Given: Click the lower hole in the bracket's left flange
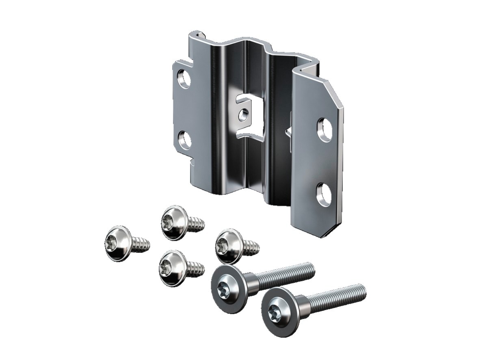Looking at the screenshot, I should pos(185,140).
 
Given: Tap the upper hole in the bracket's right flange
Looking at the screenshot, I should pos(324,129).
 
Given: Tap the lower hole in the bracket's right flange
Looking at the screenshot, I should pos(324,194).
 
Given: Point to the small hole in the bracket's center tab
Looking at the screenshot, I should pos(243,115).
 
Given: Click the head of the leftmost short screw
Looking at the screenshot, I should pos(117,243).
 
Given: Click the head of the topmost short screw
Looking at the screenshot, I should pos(173,222).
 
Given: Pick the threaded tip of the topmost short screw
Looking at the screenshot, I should pos(199,224).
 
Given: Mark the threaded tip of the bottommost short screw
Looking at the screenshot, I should pos(198,269).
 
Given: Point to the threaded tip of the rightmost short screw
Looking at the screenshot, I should pos(253,247).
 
